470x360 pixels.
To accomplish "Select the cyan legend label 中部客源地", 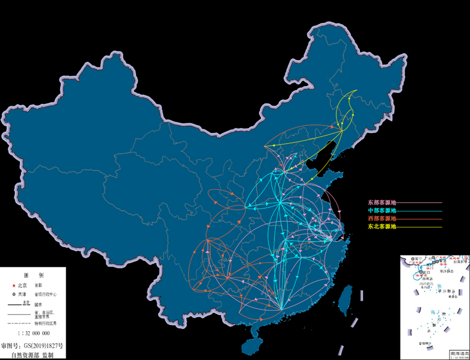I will pyautogui.click(x=382, y=210).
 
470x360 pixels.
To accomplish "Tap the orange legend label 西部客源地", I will pyautogui.click(x=382, y=218).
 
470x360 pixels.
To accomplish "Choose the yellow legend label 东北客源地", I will pyautogui.click(x=382, y=226).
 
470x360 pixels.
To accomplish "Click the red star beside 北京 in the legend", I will pyautogui.click(x=13, y=285).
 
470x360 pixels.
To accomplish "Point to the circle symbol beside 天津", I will pyautogui.click(x=13, y=294).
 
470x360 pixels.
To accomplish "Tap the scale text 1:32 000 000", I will pyautogui.click(x=34, y=333).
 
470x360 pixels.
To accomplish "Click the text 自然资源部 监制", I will pyautogui.click(x=33, y=355).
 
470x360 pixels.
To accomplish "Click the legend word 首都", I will pyautogui.click(x=39, y=285).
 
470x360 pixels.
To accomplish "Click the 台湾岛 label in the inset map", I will pyautogui.click(x=461, y=261).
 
